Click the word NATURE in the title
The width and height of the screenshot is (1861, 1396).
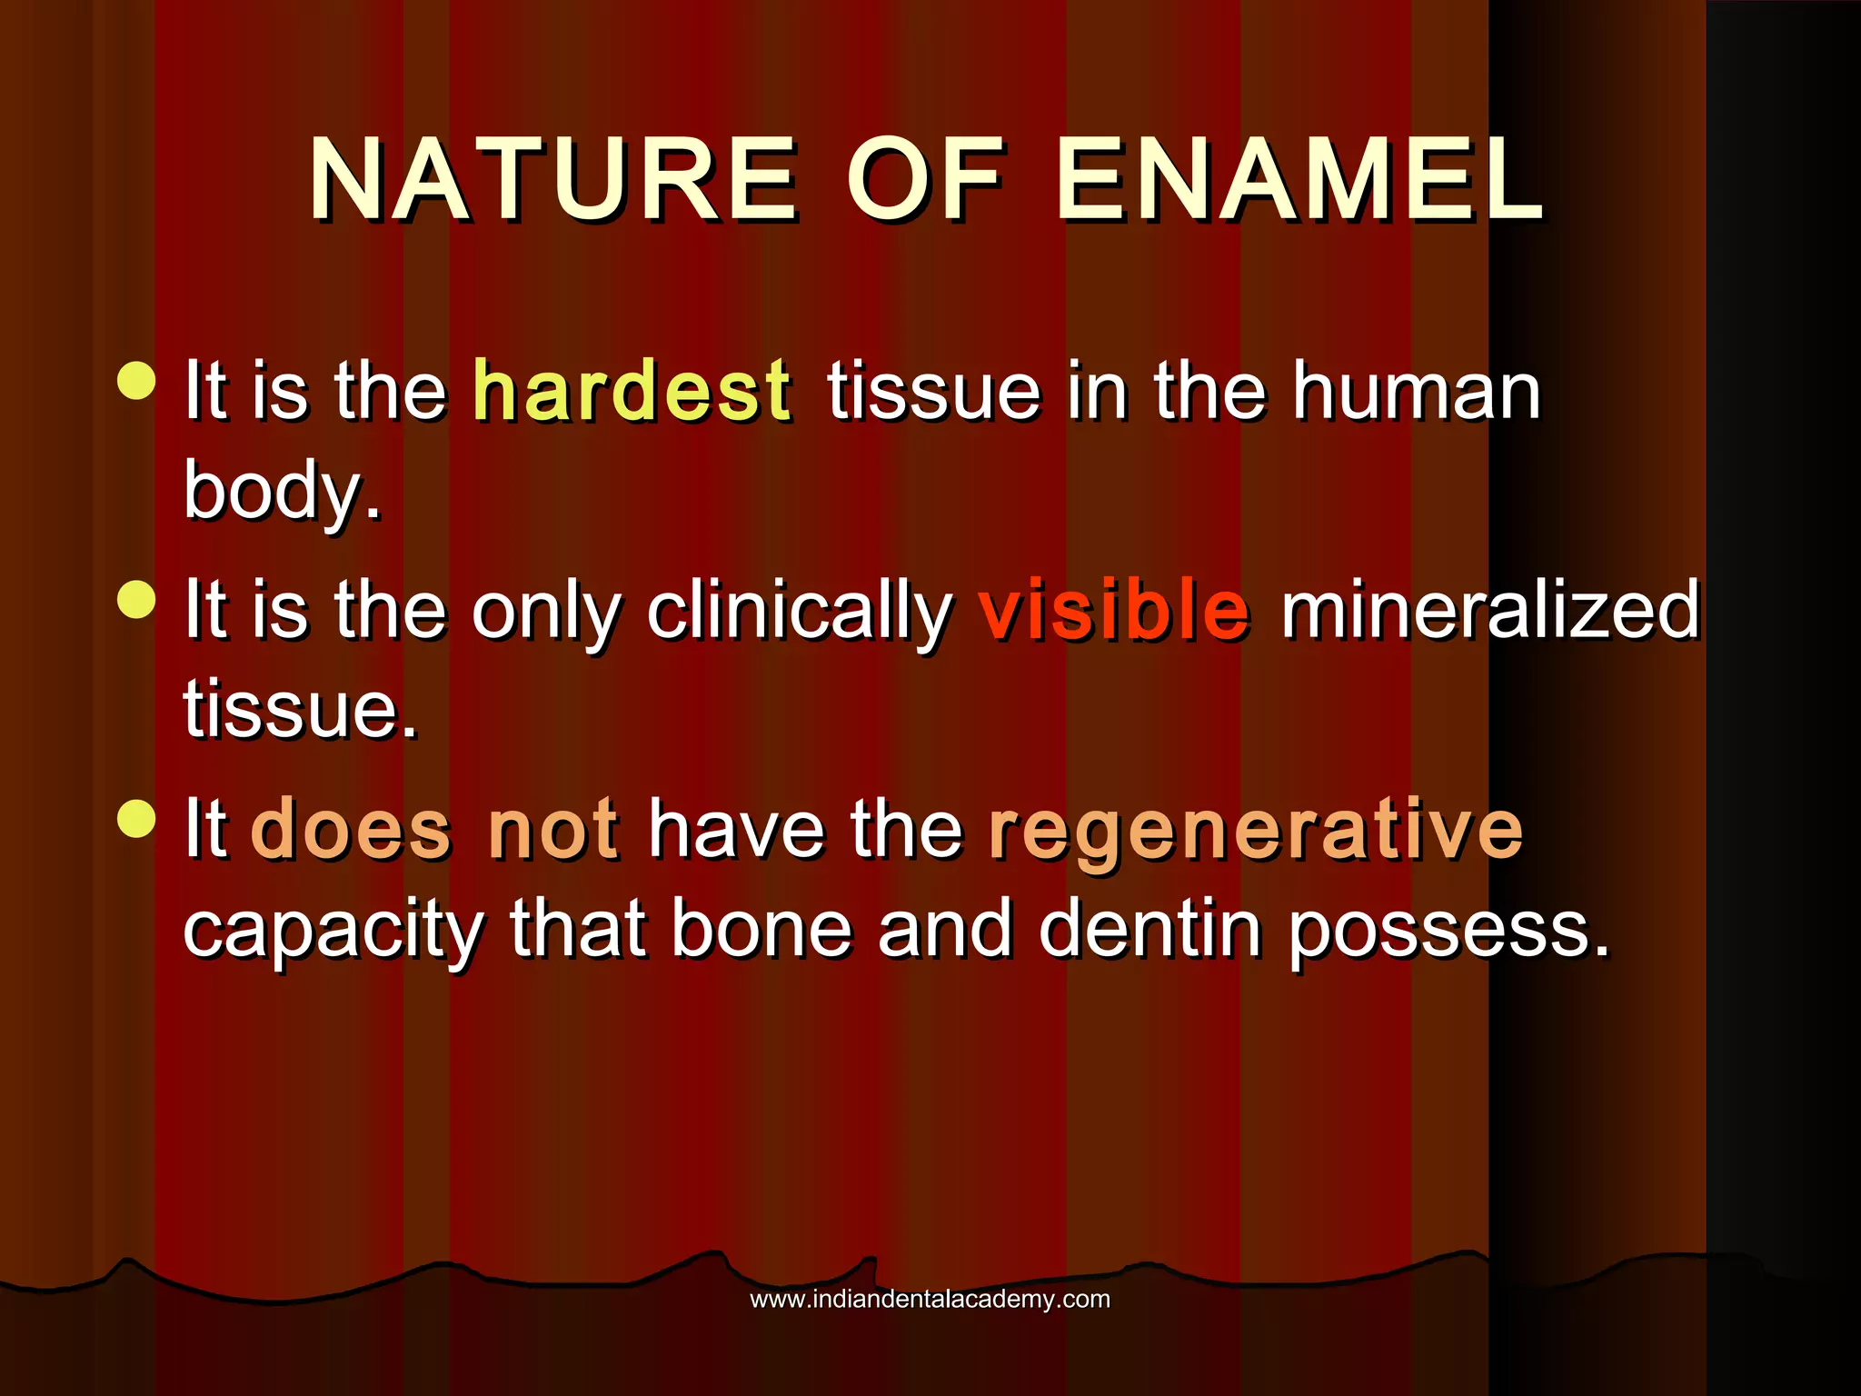coord(552,179)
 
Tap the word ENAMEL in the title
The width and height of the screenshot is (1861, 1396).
coord(1299,179)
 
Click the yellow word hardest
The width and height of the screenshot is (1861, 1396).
coord(632,391)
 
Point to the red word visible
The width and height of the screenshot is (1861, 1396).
coord(1114,610)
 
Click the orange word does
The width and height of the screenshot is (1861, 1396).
coord(351,829)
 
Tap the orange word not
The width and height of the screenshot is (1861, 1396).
coord(553,829)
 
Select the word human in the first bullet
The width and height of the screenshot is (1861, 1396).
coord(1418,391)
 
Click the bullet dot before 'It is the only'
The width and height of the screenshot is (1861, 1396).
coord(137,599)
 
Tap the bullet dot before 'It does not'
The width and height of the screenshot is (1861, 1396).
coord(137,818)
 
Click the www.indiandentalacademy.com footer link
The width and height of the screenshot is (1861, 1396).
coord(930,1300)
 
